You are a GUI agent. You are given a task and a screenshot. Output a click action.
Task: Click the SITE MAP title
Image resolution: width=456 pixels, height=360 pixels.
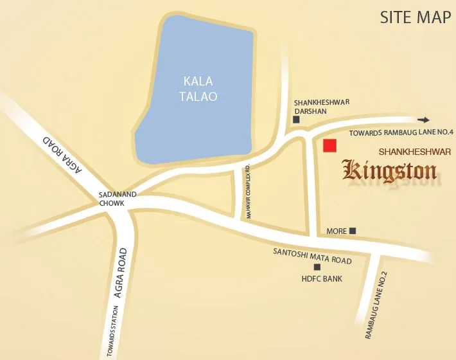[x=415, y=17]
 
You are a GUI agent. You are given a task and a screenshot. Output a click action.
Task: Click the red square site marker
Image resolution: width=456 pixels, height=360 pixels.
[x=329, y=145]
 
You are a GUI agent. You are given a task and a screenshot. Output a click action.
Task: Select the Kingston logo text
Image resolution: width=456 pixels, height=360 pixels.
[x=390, y=171]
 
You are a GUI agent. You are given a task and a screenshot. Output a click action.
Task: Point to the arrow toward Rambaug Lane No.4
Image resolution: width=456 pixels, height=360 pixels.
[x=423, y=120]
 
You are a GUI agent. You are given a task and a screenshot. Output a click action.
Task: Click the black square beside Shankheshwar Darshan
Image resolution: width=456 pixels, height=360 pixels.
[x=296, y=120]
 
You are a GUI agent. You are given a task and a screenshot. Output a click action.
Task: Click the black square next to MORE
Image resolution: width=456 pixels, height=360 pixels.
[x=352, y=231]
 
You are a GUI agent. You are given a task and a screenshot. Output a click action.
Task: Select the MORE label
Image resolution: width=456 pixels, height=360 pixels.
[x=337, y=231]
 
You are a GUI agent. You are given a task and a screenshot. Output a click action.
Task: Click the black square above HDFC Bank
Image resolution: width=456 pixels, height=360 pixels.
[x=316, y=267]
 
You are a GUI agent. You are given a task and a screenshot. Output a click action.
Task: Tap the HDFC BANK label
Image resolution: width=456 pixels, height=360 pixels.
[x=322, y=279]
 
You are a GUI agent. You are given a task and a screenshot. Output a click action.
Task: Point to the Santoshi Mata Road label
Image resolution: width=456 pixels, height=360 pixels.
[x=312, y=255]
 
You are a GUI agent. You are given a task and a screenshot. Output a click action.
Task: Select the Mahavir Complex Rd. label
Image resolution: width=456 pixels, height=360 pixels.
[x=246, y=192]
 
